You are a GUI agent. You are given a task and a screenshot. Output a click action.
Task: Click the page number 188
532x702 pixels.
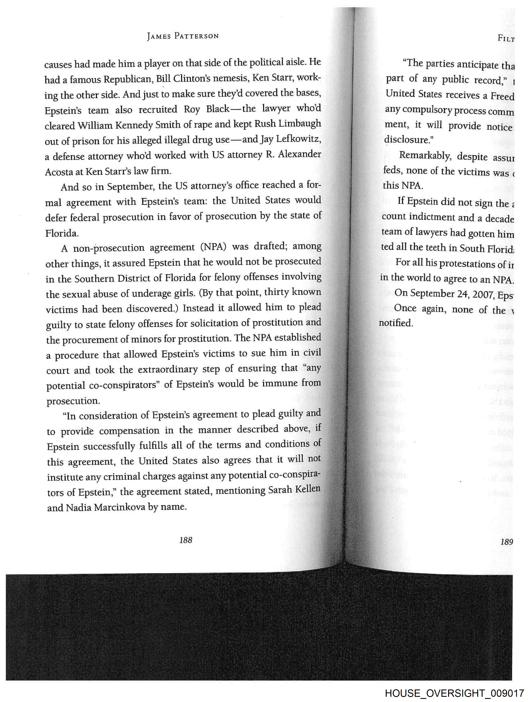[x=186, y=540]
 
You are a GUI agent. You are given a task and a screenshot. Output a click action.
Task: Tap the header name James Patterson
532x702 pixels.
[x=183, y=36]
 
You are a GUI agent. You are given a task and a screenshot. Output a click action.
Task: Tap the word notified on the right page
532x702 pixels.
[x=396, y=323]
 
